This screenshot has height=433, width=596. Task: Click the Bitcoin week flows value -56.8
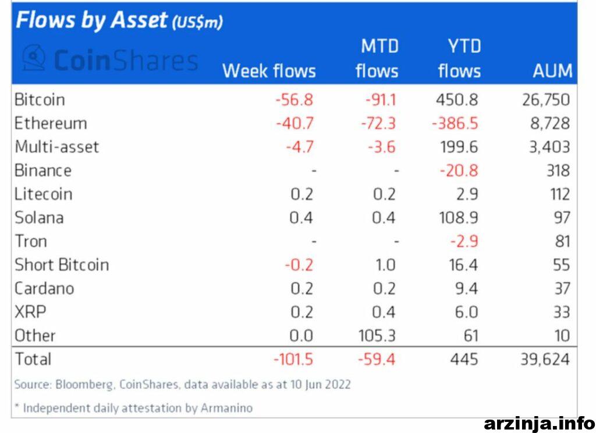click(294, 100)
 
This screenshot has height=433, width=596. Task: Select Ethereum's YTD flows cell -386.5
click(455, 123)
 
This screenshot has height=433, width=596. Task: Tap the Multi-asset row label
click(57, 147)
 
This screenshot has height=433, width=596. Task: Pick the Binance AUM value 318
click(558, 171)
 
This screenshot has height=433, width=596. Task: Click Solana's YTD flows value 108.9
click(459, 218)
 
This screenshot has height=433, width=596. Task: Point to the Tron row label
click(31, 241)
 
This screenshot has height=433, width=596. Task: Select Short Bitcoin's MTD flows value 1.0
click(385, 265)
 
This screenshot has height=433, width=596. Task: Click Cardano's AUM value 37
click(562, 289)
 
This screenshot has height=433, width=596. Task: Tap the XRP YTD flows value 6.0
click(466, 312)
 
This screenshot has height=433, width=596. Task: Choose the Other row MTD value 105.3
click(377, 336)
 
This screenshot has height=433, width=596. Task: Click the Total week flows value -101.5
click(293, 359)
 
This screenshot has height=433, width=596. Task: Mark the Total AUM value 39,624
click(545, 359)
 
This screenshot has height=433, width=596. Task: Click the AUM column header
click(553, 71)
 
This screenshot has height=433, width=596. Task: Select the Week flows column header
click(269, 71)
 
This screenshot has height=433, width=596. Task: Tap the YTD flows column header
click(460, 59)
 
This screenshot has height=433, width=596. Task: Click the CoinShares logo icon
click(34, 58)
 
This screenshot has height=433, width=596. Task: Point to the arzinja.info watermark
click(540, 423)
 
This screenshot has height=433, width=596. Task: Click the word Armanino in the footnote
click(226, 408)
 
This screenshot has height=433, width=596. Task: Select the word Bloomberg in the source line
click(84, 385)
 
